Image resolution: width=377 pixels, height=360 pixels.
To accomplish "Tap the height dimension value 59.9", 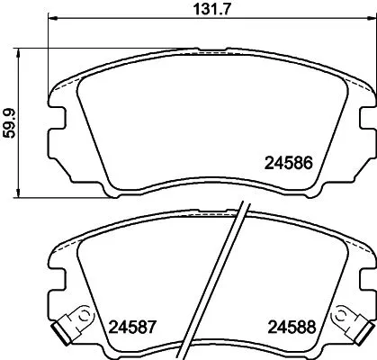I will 10,123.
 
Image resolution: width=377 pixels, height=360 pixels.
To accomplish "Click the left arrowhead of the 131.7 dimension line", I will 51,21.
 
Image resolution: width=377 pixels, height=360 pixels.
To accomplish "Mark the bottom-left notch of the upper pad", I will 112,191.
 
